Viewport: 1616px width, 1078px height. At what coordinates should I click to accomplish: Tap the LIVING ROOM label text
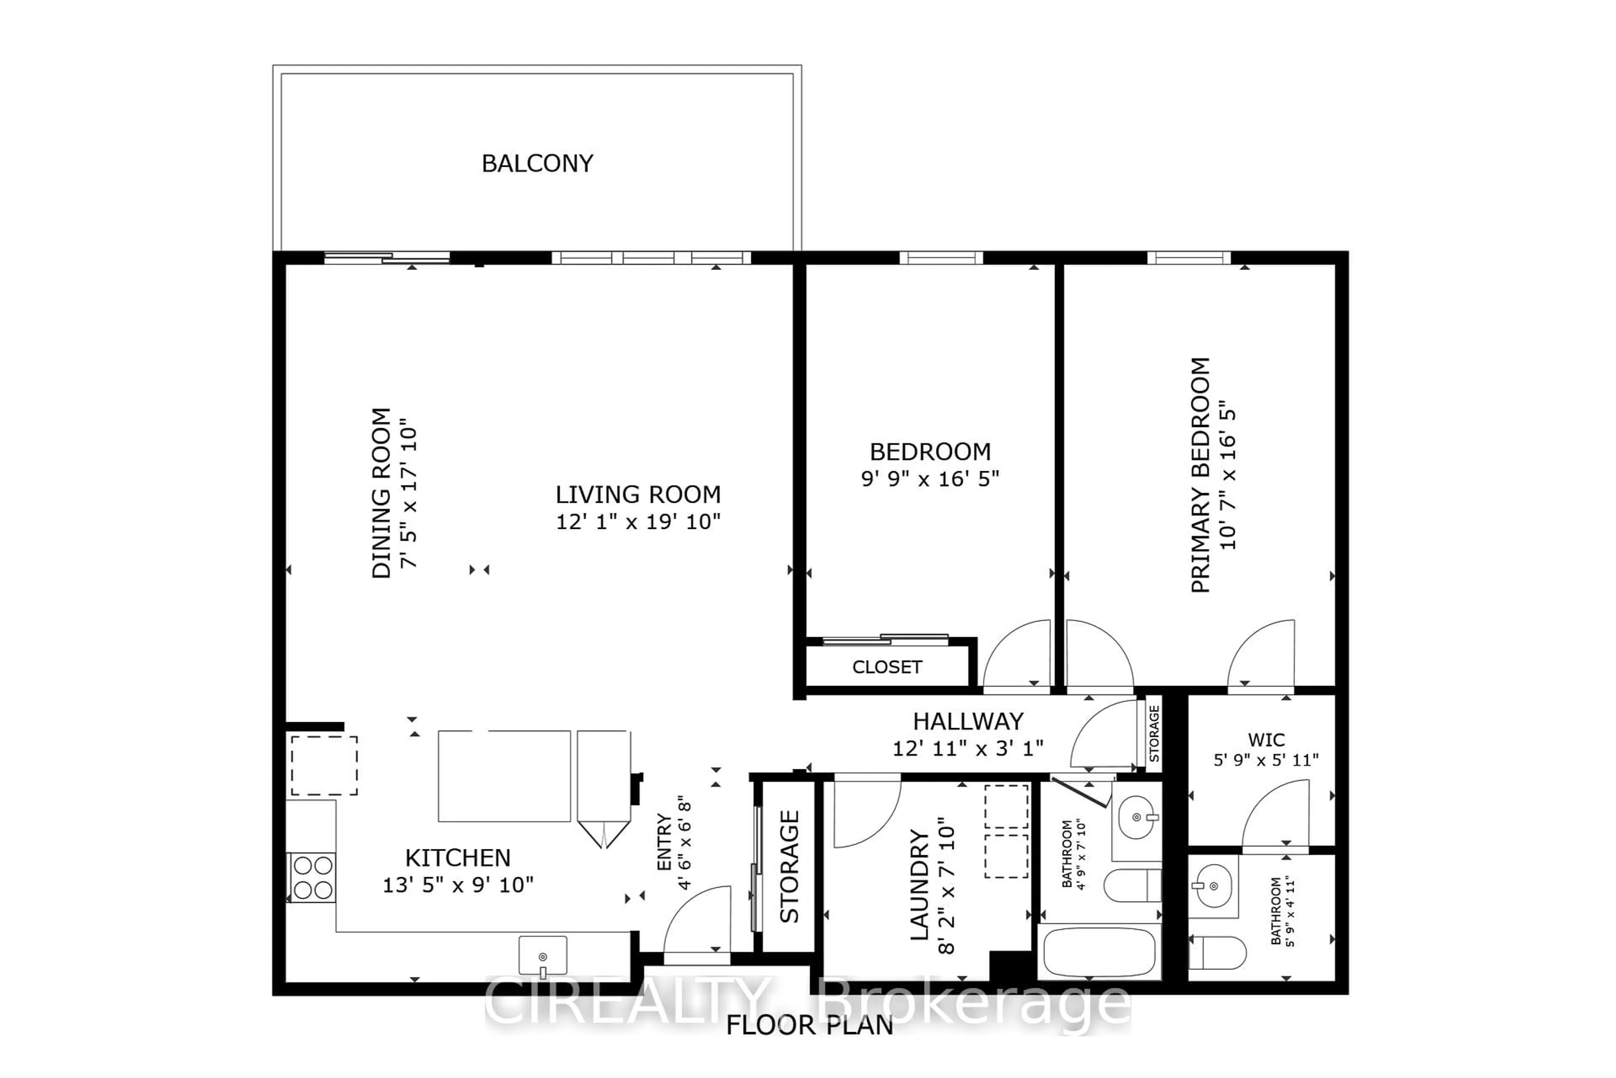[638, 494]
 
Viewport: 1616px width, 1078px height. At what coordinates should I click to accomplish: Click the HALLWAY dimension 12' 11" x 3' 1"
[967, 748]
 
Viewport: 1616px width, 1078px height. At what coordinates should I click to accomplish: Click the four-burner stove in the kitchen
[313, 877]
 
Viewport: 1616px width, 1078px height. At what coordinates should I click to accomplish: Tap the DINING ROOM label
[381, 493]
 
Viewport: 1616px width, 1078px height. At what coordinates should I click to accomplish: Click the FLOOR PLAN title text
[809, 1025]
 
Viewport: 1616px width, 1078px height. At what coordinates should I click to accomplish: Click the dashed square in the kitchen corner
[324, 765]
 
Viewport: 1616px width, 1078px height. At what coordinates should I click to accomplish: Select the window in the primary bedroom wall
[1188, 258]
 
